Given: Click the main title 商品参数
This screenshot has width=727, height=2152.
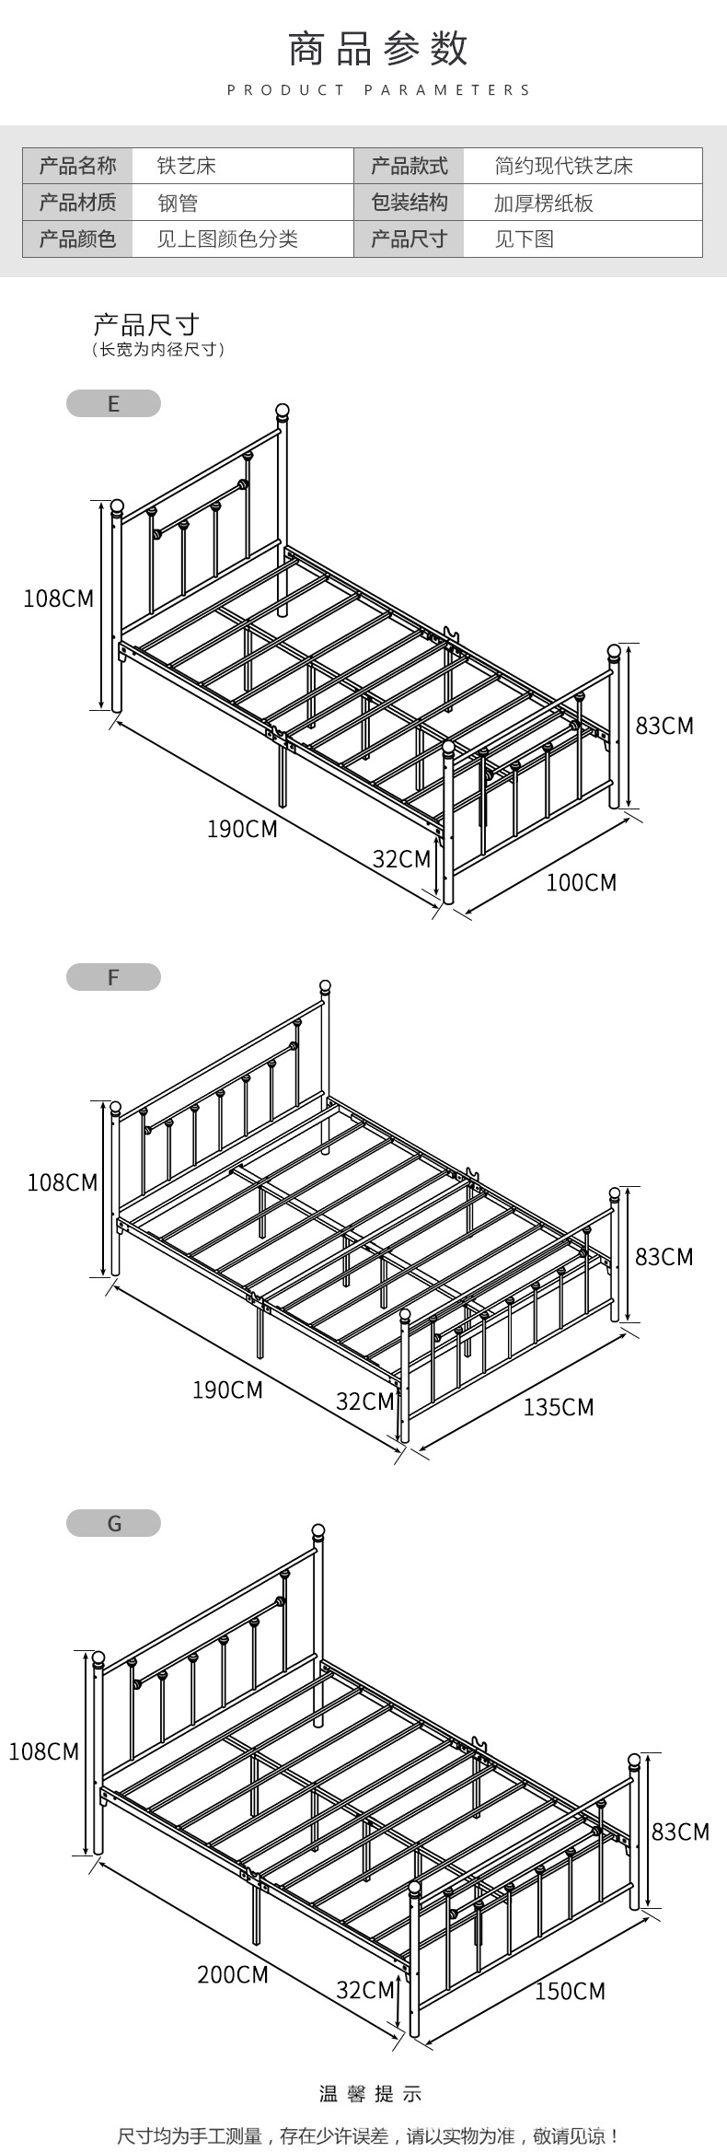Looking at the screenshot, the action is pyautogui.click(x=378, y=50).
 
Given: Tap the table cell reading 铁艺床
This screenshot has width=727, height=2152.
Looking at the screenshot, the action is pyautogui.click(x=186, y=166).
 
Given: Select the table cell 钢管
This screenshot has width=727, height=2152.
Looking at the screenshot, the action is pyautogui.click(x=177, y=203).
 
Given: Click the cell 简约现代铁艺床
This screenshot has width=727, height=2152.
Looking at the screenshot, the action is pyautogui.click(x=563, y=166).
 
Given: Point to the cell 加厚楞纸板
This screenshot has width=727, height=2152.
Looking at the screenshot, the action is pyautogui.click(x=543, y=203).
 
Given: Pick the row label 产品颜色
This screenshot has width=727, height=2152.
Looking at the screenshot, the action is pyautogui.click(x=77, y=239).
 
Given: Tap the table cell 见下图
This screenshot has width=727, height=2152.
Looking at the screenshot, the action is pyautogui.click(x=524, y=239).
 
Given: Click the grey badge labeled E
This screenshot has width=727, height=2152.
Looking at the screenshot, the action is pyautogui.click(x=113, y=403).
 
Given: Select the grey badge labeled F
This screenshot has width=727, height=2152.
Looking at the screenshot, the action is pyautogui.click(x=113, y=977).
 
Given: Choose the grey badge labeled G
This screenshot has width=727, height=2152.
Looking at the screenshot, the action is pyautogui.click(x=113, y=1523).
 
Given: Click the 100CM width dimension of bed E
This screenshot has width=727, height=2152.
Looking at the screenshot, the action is pyautogui.click(x=581, y=882).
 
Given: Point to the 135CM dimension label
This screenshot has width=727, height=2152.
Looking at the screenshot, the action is pyautogui.click(x=559, y=1407).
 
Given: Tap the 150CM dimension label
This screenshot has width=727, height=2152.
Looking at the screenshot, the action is pyautogui.click(x=570, y=1991).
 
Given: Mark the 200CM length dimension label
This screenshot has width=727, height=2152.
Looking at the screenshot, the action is pyautogui.click(x=232, y=1973).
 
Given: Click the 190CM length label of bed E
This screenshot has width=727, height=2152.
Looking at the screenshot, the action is pyautogui.click(x=241, y=829).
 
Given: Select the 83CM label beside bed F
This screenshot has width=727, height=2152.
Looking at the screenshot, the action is pyautogui.click(x=664, y=1256).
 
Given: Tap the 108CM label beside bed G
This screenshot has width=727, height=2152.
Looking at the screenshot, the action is pyautogui.click(x=44, y=1751).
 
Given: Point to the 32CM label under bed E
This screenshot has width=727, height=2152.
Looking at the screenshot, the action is pyautogui.click(x=401, y=859).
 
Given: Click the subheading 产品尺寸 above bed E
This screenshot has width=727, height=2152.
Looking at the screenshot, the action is pyautogui.click(x=145, y=324).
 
